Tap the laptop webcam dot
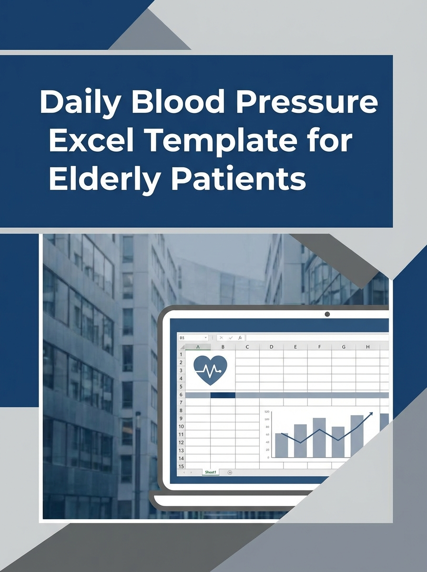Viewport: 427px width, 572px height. (327, 314)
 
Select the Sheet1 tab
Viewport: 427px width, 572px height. (210, 472)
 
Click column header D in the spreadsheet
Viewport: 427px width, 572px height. (271, 347)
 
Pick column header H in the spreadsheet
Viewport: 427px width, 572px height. (367, 347)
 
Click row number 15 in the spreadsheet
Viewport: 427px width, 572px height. (181, 466)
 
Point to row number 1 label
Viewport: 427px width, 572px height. (181, 354)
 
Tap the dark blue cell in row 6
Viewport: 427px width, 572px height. (223, 395)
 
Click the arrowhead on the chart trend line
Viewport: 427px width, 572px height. (371, 414)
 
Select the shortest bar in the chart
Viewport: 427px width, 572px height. (282, 445)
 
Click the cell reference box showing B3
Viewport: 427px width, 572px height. (192, 337)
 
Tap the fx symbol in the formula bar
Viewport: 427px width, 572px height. (240, 337)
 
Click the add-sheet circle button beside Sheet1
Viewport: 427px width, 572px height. (230, 472)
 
